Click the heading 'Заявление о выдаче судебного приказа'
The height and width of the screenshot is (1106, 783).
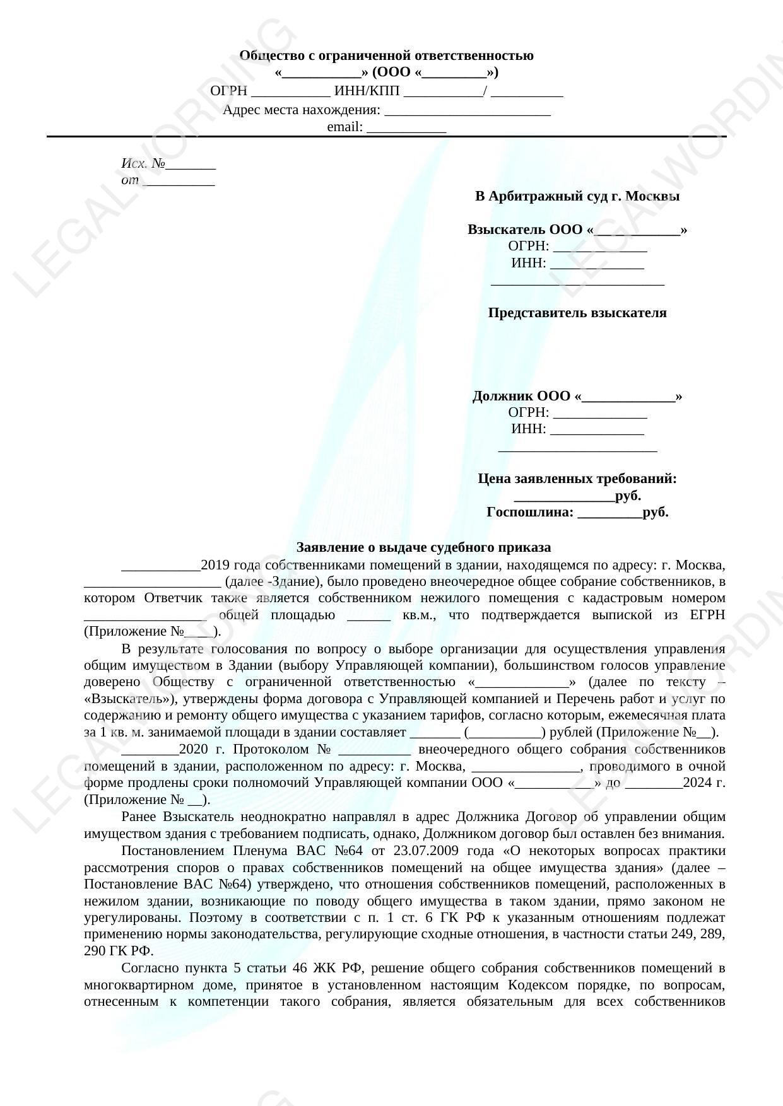coord(423,547)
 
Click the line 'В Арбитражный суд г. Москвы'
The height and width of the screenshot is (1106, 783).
coord(577,196)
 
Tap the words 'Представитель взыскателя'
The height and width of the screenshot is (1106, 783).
coord(577,313)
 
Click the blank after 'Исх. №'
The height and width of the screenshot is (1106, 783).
coord(191,165)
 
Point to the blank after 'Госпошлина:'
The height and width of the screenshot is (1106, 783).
coord(609,513)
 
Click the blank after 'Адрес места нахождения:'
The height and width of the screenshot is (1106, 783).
coord(468,111)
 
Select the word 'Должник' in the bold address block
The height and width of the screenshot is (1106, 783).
coord(503,397)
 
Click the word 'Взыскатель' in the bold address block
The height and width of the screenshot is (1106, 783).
coord(506,230)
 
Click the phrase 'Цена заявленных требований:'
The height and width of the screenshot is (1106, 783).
coord(577,479)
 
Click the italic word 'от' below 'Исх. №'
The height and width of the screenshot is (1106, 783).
coord(130,180)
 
